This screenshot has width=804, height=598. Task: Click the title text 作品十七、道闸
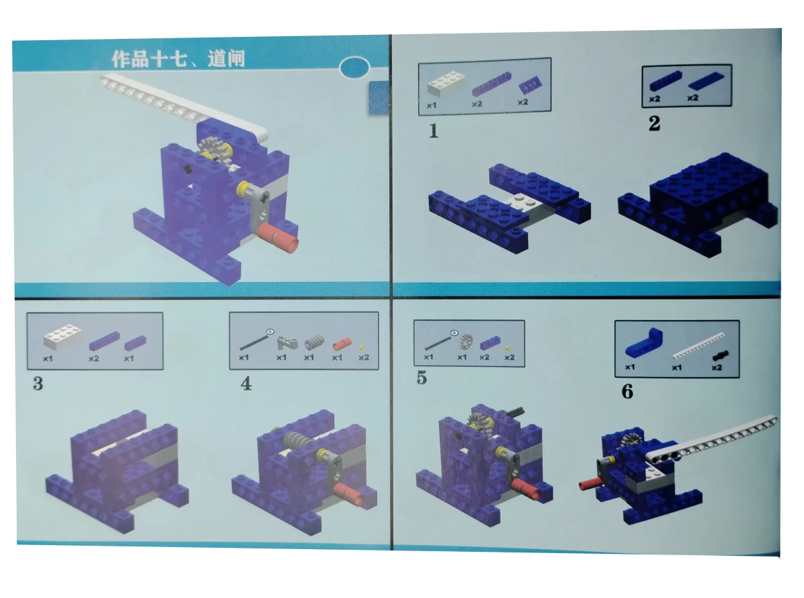(178, 59)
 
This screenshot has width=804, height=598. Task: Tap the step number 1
(433, 131)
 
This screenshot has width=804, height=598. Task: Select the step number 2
(654, 124)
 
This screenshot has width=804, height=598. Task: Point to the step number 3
(38, 384)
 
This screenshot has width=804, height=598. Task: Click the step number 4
(246, 385)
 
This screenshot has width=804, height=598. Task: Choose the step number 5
(421, 378)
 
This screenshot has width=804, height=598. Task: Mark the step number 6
(627, 392)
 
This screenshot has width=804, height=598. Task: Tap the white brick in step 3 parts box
(63, 337)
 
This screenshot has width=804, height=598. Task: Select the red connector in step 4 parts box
(342, 342)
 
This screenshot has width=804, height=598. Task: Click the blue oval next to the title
(355, 68)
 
